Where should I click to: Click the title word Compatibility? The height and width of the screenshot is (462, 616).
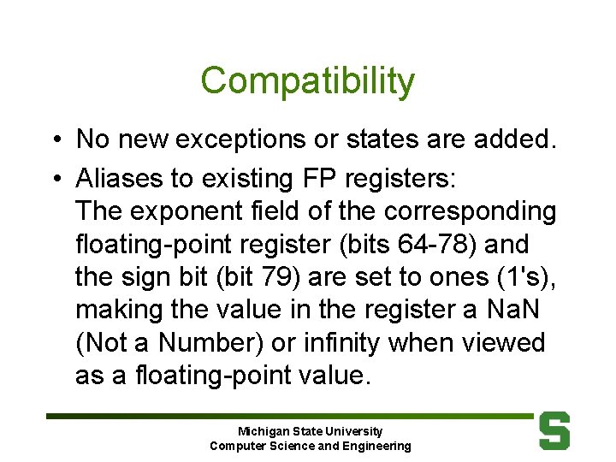(x=307, y=81)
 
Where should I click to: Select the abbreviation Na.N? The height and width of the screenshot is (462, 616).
(x=517, y=310)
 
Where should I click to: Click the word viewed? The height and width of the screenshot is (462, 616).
(x=506, y=343)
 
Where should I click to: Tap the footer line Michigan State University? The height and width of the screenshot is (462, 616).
(x=310, y=431)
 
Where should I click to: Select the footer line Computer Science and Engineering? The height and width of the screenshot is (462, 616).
(x=310, y=446)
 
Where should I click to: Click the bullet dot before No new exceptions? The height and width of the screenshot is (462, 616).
(x=54, y=139)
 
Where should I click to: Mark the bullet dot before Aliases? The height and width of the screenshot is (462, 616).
(x=54, y=180)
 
